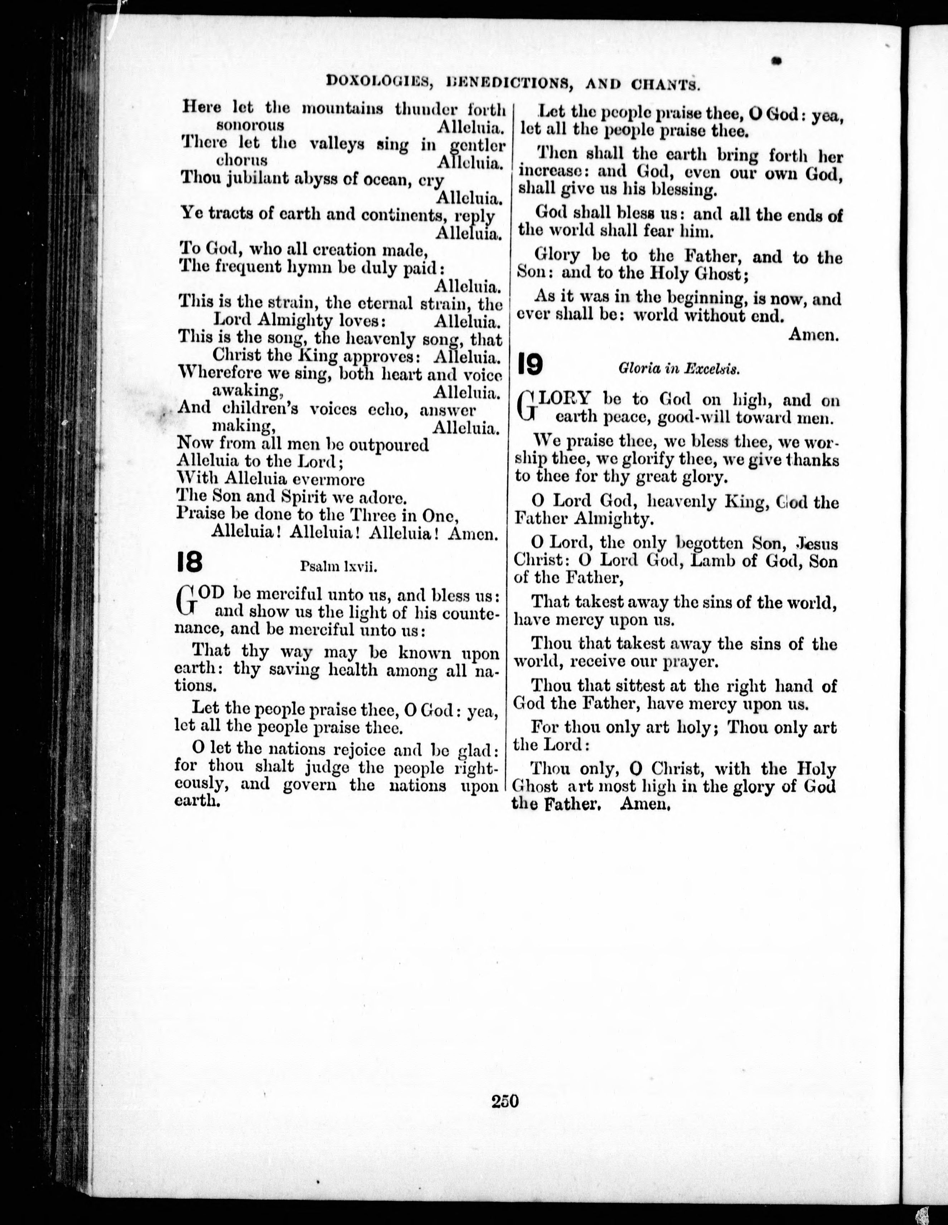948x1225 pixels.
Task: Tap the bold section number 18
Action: [189, 562]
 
